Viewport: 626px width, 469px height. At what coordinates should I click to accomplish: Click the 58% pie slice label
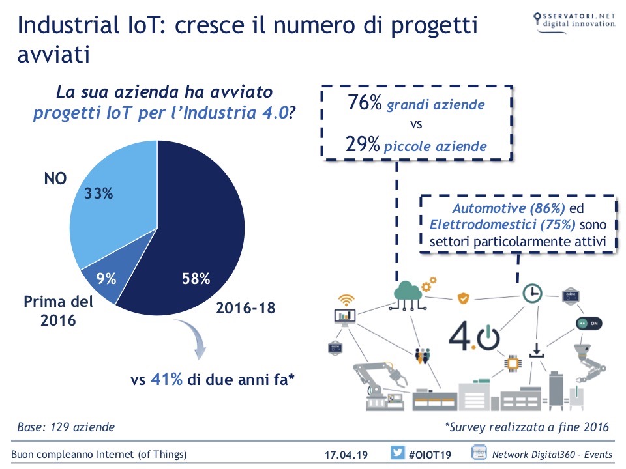[196, 279]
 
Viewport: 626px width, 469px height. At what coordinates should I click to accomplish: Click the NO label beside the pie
[55, 178]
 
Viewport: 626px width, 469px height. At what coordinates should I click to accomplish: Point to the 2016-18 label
[246, 308]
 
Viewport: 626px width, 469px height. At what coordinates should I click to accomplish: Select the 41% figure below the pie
[166, 380]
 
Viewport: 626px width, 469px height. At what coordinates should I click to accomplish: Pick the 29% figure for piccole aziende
[363, 145]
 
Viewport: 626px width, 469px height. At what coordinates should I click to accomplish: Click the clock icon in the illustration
[532, 293]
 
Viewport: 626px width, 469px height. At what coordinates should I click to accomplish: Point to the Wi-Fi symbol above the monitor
[346, 300]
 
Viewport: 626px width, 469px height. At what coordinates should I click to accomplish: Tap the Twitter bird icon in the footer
[397, 453]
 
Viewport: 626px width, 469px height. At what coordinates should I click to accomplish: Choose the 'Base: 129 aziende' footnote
[66, 427]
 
